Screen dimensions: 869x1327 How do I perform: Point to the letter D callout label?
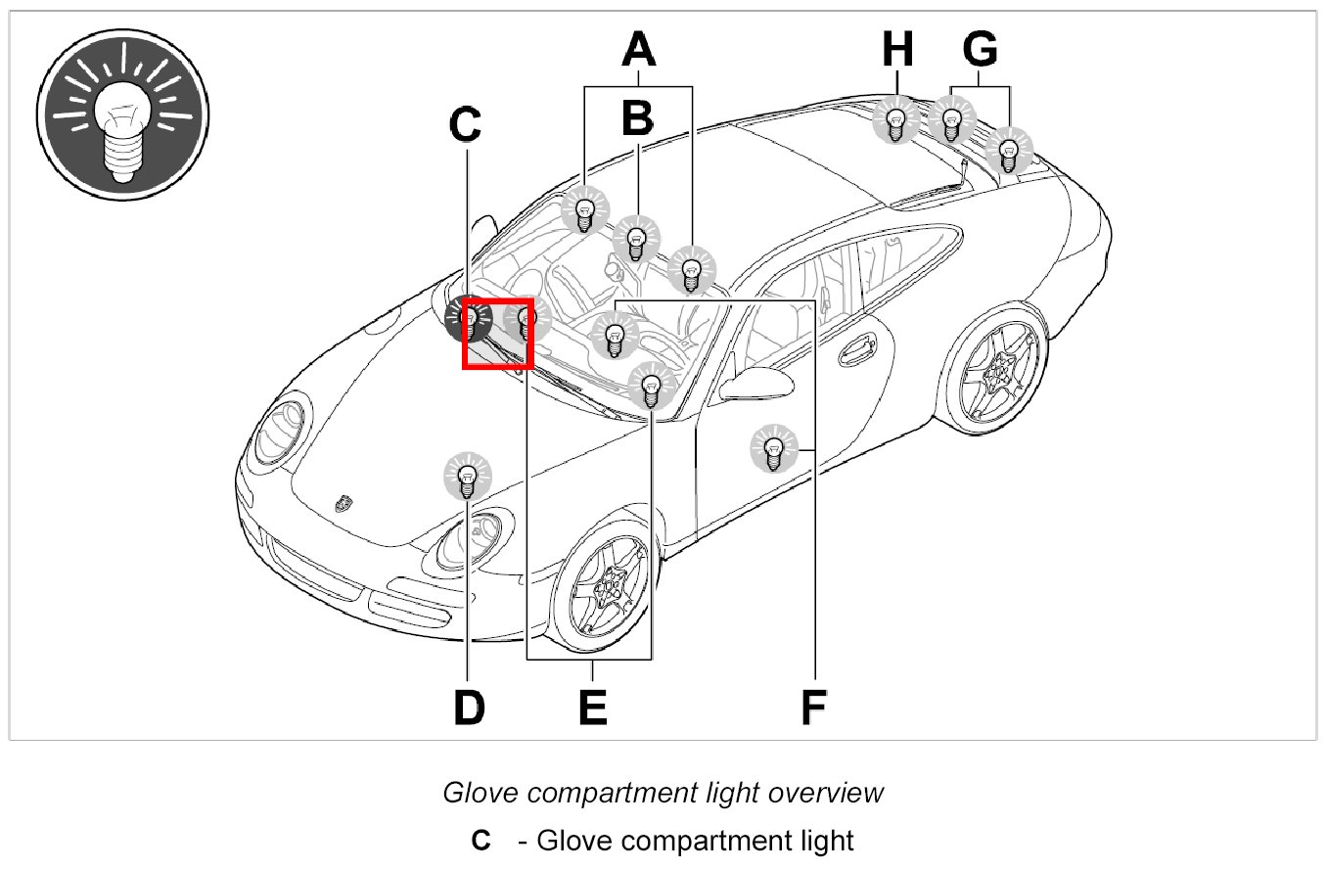[469, 707]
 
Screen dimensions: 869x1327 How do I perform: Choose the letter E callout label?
[591, 707]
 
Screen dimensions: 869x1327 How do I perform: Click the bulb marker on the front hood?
[468, 477]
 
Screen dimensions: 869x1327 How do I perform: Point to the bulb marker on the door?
[773, 449]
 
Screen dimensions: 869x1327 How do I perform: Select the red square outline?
[496, 334]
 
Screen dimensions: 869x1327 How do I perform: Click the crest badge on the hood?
[343, 502]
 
